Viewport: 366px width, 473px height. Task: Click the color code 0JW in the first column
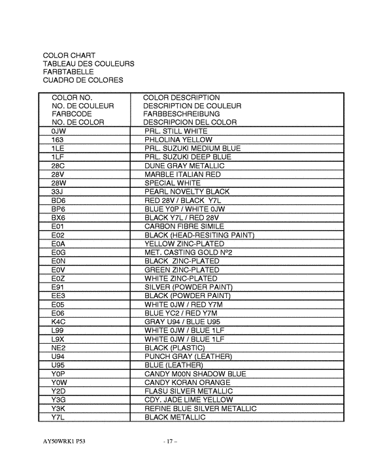(58, 131)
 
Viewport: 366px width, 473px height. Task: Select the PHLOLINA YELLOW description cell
(178, 140)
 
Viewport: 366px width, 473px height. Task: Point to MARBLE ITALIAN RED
(182, 175)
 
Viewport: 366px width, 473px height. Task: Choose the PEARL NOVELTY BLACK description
(187, 192)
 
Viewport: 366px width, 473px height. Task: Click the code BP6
(58, 209)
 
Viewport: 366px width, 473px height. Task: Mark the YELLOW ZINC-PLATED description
(184, 243)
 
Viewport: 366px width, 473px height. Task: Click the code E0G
(58, 252)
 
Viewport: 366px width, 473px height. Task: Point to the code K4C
(58, 322)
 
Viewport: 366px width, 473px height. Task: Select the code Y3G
(58, 399)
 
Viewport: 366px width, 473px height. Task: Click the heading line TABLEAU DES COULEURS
(88, 64)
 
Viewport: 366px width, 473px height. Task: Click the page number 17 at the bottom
(171, 442)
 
